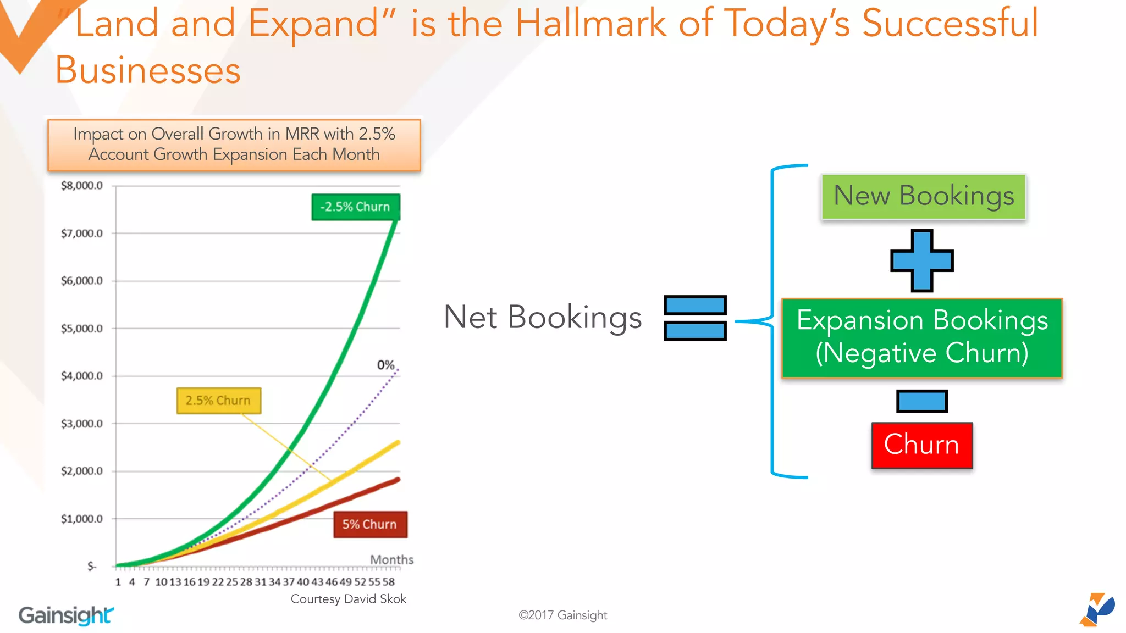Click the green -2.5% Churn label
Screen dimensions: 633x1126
coord(355,207)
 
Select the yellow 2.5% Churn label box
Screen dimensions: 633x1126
coord(218,401)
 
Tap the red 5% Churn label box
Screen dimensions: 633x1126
coord(370,524)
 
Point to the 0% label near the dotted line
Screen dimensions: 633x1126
coord(385,365)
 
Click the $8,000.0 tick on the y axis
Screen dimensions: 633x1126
coord(82,186)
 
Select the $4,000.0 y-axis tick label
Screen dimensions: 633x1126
coord(82,376)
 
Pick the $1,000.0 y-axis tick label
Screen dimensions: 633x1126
coord(82,519)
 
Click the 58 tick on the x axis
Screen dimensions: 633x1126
coord(389,582)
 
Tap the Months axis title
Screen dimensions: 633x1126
coord(391,559)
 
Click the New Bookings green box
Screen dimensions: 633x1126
coord(924,197)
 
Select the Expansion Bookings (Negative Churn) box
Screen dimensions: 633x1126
coord(922,337)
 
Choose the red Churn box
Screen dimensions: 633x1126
coord(922,445)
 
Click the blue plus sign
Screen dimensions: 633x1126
coord(922,260)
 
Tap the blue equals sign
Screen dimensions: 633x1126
coord(695,318)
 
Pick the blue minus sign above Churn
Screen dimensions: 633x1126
coord(922,401)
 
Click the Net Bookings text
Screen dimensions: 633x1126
coord(543,318)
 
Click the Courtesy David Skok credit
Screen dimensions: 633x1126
coord(348,599)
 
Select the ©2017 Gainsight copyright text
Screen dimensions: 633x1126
coord(562,615)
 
